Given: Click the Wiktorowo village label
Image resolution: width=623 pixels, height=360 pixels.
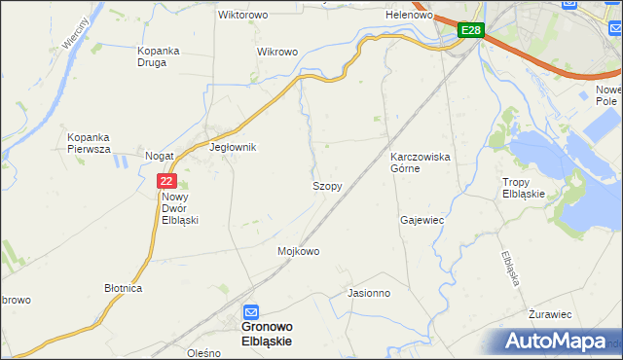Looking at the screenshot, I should pyautogui.click(x=243, y=16).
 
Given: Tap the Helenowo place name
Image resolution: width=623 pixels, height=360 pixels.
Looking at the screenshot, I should pyautogui.click(x=409, y=16).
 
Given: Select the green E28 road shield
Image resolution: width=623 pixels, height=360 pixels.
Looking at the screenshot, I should pyautogui.click(x=470, y=30).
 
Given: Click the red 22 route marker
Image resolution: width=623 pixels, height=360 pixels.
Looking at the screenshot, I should pyautogui.click(x=166, y=181).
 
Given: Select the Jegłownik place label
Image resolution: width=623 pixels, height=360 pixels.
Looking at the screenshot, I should pyautogui.click(x=233, y=147).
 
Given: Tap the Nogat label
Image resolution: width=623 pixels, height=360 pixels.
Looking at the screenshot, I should pyautogui.click(x=159, y=156).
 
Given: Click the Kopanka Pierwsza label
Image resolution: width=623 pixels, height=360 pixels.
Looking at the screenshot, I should pyautogui.click(x=89, y=143).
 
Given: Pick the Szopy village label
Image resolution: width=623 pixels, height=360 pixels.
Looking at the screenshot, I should pyautogui.click(x=326, y=185).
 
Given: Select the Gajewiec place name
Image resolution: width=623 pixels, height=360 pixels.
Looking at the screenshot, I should pyautogui.click(x=421, y=220).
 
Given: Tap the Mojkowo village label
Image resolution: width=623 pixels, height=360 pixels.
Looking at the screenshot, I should pyautogui.click(x=299, y=251).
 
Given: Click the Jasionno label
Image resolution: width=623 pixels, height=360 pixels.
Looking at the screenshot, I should pyautogui.click(x=369, y=292).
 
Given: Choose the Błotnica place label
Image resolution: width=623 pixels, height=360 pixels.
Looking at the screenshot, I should pyautogui.click(x=124, y=289).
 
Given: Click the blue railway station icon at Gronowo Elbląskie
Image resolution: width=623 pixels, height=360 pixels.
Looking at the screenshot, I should pyautogui.click(x=251, y=311).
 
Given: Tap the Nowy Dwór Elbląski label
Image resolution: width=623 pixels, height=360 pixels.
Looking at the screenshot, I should pyautogui.click(x=180, y=207).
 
